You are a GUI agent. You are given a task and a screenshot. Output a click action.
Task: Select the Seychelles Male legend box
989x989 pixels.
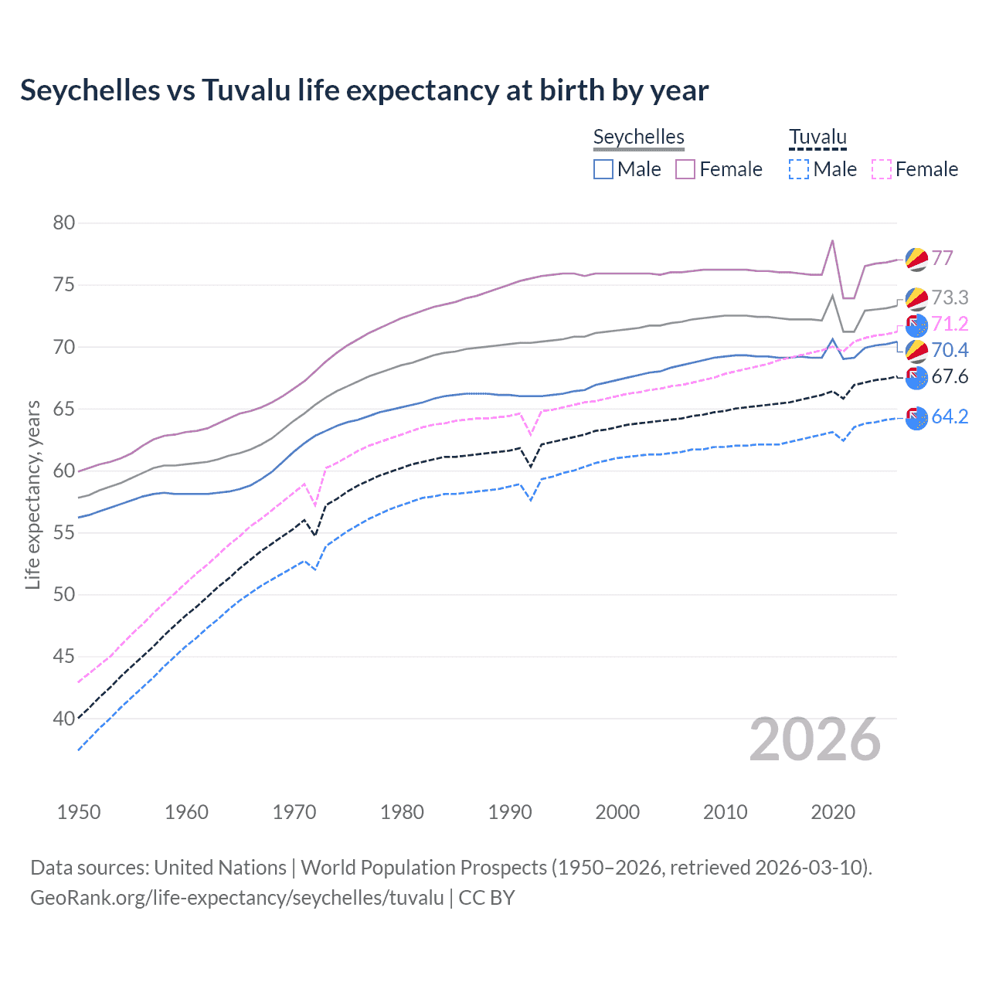603,169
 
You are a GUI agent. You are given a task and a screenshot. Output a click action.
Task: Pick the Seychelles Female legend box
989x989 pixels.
685,169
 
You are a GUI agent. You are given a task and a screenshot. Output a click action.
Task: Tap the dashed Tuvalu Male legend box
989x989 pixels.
799,169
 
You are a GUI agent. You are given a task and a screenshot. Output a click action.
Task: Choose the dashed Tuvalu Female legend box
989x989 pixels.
882,169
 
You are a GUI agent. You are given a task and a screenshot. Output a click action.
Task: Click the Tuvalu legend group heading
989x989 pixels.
817,138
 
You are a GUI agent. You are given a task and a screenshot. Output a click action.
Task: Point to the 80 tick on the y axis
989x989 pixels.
64,223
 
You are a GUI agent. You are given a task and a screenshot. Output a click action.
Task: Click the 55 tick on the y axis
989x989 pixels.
64,532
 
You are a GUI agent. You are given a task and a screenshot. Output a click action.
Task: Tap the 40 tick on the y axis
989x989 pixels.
64,719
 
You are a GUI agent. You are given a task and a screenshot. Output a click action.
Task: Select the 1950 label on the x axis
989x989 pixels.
79,812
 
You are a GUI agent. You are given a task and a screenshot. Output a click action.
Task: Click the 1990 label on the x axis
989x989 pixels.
510,812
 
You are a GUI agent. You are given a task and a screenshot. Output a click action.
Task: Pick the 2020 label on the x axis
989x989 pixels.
833,812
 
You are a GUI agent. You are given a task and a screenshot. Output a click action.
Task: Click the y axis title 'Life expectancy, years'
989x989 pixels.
32,494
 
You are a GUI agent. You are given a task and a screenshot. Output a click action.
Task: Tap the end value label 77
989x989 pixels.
942,258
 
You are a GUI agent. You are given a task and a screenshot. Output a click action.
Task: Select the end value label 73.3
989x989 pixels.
950,297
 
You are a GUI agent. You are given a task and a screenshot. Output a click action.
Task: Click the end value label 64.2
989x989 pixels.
950,417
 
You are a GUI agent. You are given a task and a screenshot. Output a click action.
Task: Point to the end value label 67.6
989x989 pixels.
950,377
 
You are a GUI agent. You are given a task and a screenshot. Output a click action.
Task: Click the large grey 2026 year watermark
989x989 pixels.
815,740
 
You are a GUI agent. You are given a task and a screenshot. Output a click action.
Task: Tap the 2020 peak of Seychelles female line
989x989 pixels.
832,240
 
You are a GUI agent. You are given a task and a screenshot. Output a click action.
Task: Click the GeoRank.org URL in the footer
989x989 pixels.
236,898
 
